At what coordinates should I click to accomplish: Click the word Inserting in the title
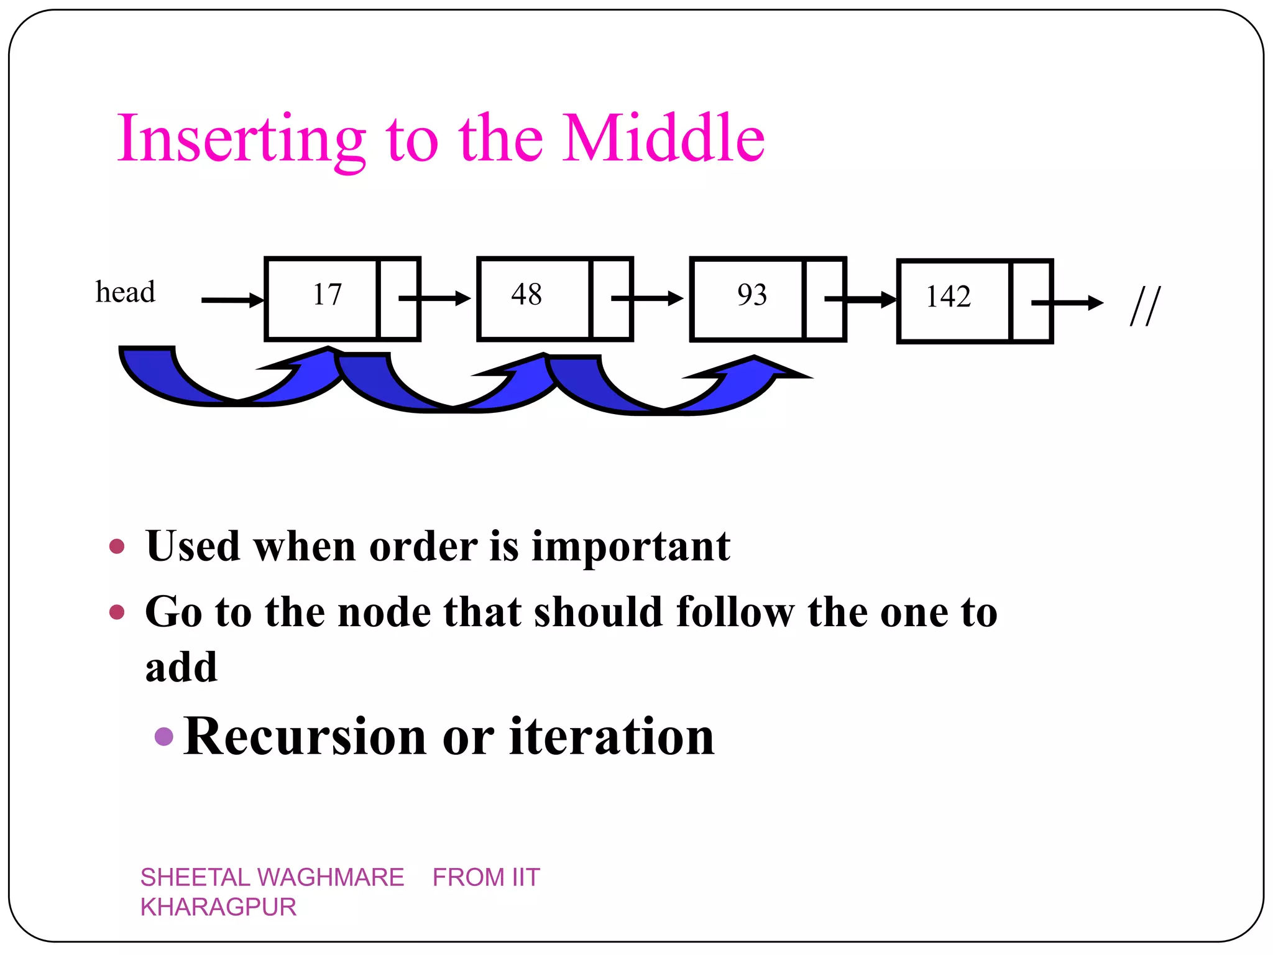pyautogui.click(x=241, y=139)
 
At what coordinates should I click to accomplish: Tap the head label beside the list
pyautogui.click(x=125, y=292)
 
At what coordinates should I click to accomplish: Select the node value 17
pyautogui.click(x=327, y=295)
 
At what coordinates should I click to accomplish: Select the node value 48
pyautogui.click(x=526, y=295)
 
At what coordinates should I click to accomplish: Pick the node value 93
pyautogui.click(x=751, y=295)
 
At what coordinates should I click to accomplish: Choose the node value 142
pyautogui.click(x=948, y=297)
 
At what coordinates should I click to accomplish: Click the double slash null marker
pyautogui.click(x=1144, y=306)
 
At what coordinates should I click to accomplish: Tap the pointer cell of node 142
pyautogui.click(x=1031, y=302)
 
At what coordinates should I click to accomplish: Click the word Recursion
pyautogui.click(x=305, y=737)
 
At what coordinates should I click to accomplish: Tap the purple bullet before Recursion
pyautogui.click(x=163, y=737)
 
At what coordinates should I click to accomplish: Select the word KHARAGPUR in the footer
pyautogui.click(x=218, y=908)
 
